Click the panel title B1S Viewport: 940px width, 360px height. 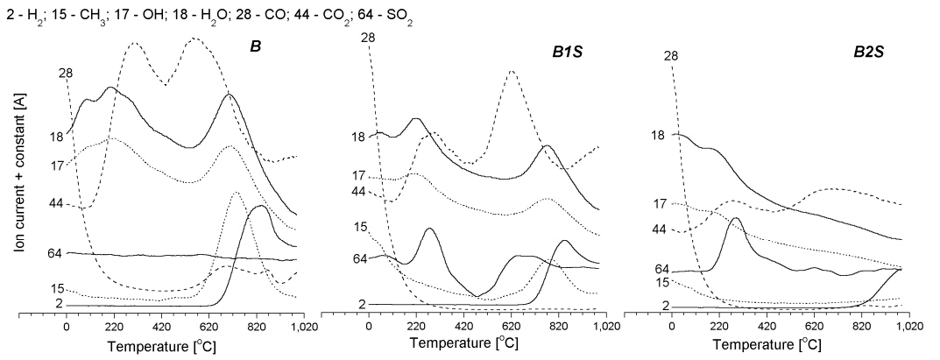(569, 52)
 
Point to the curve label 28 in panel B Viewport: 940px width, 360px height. (66, 73)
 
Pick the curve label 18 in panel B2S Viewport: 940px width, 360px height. (658, 136)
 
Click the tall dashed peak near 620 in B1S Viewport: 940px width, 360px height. (512, 71)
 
